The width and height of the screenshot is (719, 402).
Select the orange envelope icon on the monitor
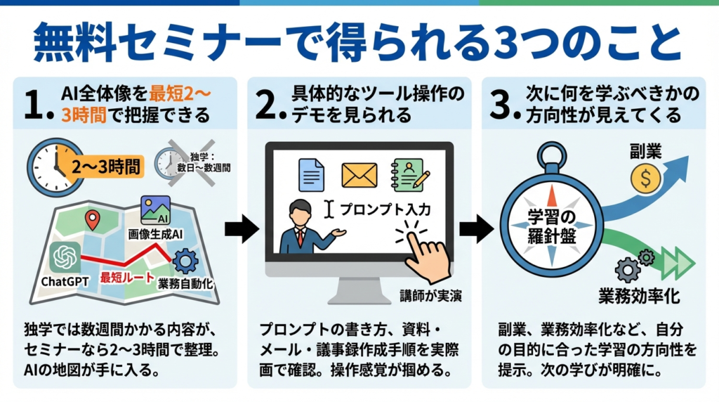[x=359, y=175]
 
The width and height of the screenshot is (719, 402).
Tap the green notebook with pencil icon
[x=408, y=175]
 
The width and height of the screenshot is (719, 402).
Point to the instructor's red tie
[x=300, y=235]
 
